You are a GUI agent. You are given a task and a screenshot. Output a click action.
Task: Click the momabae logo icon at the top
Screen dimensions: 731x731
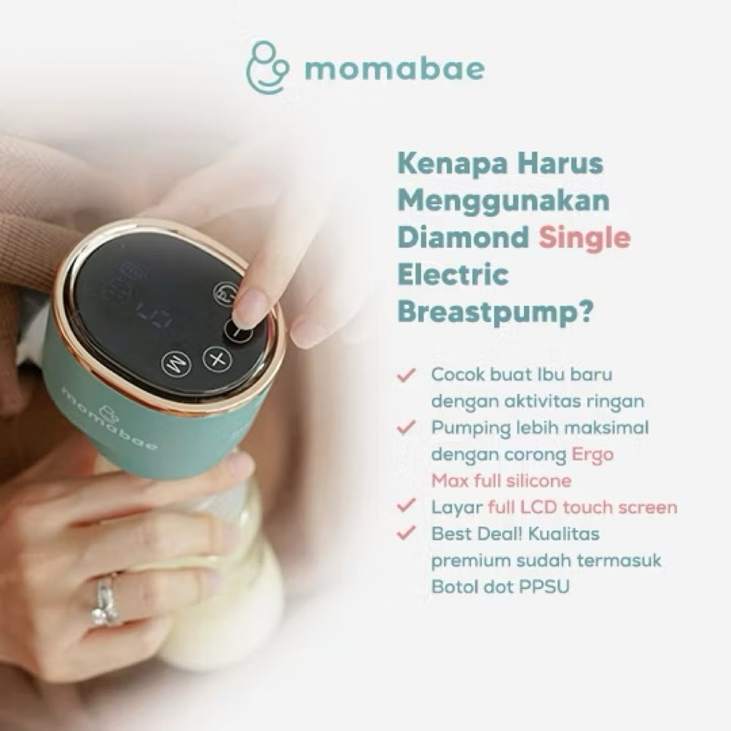pos(267,69)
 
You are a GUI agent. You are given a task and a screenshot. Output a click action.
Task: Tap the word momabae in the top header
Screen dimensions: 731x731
pos(394,69)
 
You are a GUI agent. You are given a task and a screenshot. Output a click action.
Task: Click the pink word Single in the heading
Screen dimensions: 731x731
pos(585,237)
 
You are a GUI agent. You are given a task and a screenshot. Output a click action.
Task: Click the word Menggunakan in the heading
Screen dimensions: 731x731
pos(503,201)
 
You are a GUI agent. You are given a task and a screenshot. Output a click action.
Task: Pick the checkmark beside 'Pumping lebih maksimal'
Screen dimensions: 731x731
pos(408,427)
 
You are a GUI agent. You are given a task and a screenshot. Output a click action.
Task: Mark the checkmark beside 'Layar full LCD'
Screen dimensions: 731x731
pos(408,507)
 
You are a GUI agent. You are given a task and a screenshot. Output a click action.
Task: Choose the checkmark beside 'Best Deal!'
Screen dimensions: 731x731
pos(408,533)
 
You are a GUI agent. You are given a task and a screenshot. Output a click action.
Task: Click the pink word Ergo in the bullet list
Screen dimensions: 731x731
pos(593,454)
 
